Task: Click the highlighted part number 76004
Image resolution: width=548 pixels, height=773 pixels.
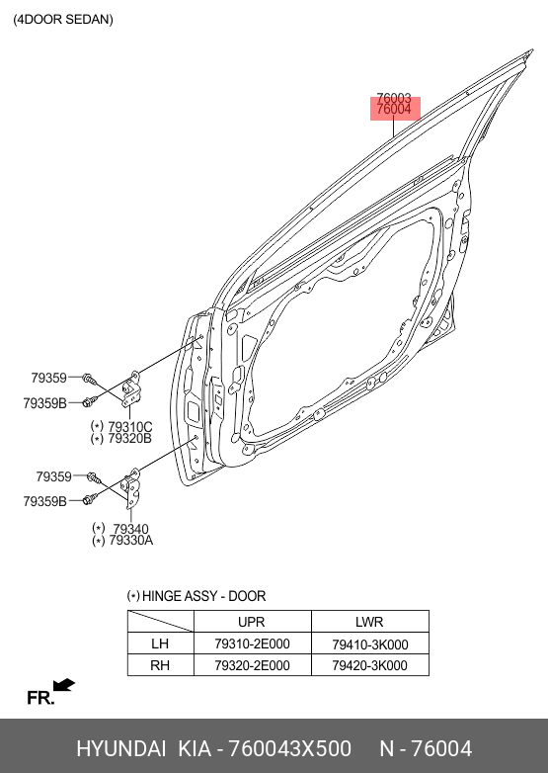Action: pyautogui.click(x=394, y=110)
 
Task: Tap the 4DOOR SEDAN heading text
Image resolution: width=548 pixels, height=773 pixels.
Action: pyautogui.click(x=63, y=19)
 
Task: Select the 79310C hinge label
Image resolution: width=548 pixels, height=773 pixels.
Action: pyautogui.click(x=130, y=426)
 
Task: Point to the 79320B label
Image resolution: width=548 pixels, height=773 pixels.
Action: pyautogui.click(x=130, y=438)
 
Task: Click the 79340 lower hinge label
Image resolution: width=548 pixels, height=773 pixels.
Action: pyautogui.click(x=130, y=529)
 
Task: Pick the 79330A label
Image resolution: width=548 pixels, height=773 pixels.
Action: pyautogui.click(x=131, y=541)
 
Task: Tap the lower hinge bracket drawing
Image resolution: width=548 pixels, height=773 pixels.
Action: pyautogui.click(x=132, y=488)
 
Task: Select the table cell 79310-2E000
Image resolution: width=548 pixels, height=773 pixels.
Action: pyautogui.click(x=252, y=644)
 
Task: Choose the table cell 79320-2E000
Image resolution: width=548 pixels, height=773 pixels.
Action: pyautogui.click(x=252, y=665)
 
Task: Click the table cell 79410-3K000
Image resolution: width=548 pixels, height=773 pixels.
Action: pyautogui.click(x=369, y=644)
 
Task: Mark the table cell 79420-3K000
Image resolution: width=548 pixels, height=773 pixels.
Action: pyautogui.click(x=369, y=665)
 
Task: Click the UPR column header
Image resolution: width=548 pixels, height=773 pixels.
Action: pyautogui.click(x=252, y=622)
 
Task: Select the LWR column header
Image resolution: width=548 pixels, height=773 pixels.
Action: pyautogui.click(x=369, y=622)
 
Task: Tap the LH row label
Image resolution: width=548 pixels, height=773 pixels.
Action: pyautogui.click(x=160, y=644)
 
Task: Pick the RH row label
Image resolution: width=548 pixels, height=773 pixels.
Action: pyautogui.click(x=160, y=665)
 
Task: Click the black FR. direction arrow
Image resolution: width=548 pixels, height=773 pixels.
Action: pyautogui.click(x=64, y=685)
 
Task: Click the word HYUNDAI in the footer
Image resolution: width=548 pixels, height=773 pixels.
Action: pyautogui.click(x=121, y=748)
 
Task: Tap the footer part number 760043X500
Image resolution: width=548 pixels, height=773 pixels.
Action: pyautogui.click(x=290, y=748)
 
